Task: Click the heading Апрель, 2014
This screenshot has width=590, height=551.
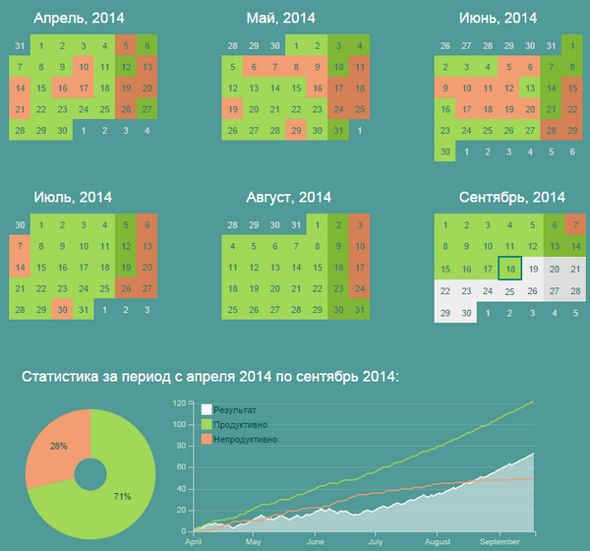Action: (x=73, y=18)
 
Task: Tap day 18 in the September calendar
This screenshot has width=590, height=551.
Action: (x=509, y=268)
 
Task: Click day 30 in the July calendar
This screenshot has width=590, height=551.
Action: (x=63, y=310)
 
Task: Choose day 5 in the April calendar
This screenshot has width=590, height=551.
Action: (x=126, y=45)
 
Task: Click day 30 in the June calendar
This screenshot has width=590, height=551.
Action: (x=445, y=152)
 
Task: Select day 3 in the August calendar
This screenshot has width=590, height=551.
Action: (x=361, y=224)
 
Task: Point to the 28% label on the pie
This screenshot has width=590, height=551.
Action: (x=58, y=446)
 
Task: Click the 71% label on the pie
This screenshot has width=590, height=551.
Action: (x=121, y=496)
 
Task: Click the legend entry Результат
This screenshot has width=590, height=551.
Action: (x=232, y=408)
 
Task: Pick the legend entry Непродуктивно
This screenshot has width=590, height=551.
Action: (x=245, y=439)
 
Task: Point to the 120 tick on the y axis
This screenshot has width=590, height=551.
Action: (x=181, y=403)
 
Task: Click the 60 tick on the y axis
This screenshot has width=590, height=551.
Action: (x=183, y=467)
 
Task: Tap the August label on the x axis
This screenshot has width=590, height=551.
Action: (x=438, y=541)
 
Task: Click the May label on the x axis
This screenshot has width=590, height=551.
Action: (x=254, y=541)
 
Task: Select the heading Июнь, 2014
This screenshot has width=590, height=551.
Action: (x=499, y=18)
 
